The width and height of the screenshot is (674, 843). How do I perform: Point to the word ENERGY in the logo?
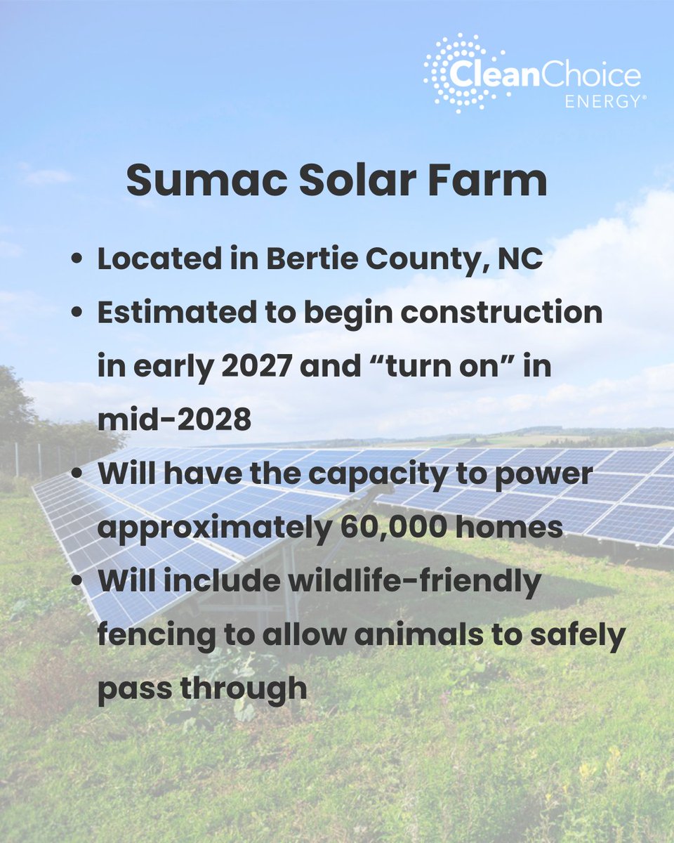click(605, 100)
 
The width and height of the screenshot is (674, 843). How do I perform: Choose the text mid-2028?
click(174, 419)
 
